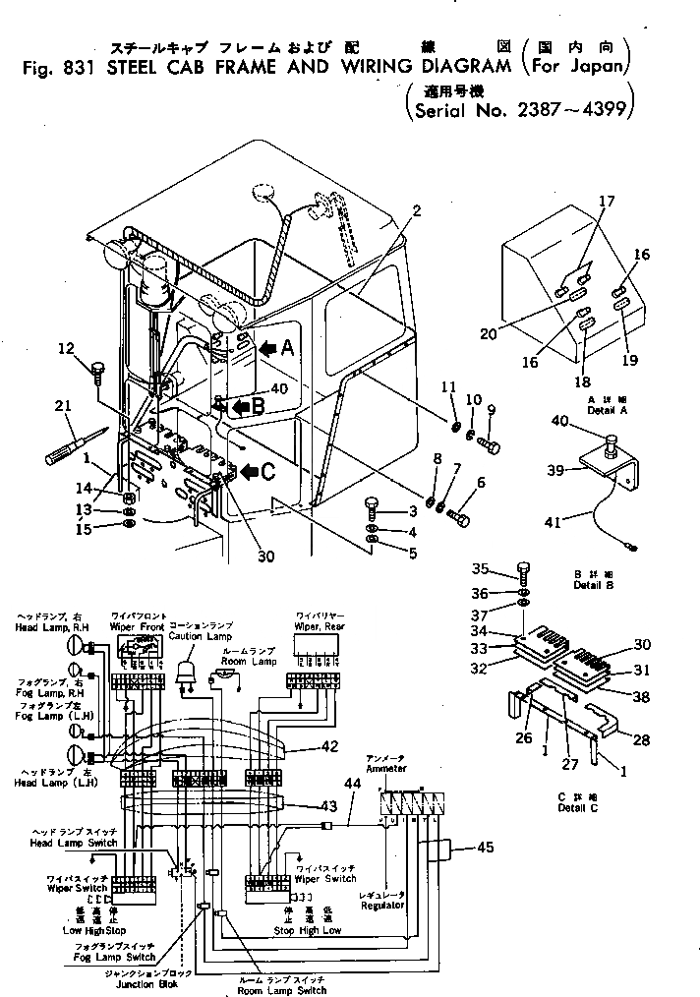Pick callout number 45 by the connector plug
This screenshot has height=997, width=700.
coord(485,846)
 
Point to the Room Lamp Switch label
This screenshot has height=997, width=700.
coord(283,990)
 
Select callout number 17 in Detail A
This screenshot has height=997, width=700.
coord(607,202)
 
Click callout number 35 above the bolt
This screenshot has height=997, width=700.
coord(506,568)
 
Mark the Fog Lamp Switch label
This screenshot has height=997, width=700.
coord(127,956)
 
